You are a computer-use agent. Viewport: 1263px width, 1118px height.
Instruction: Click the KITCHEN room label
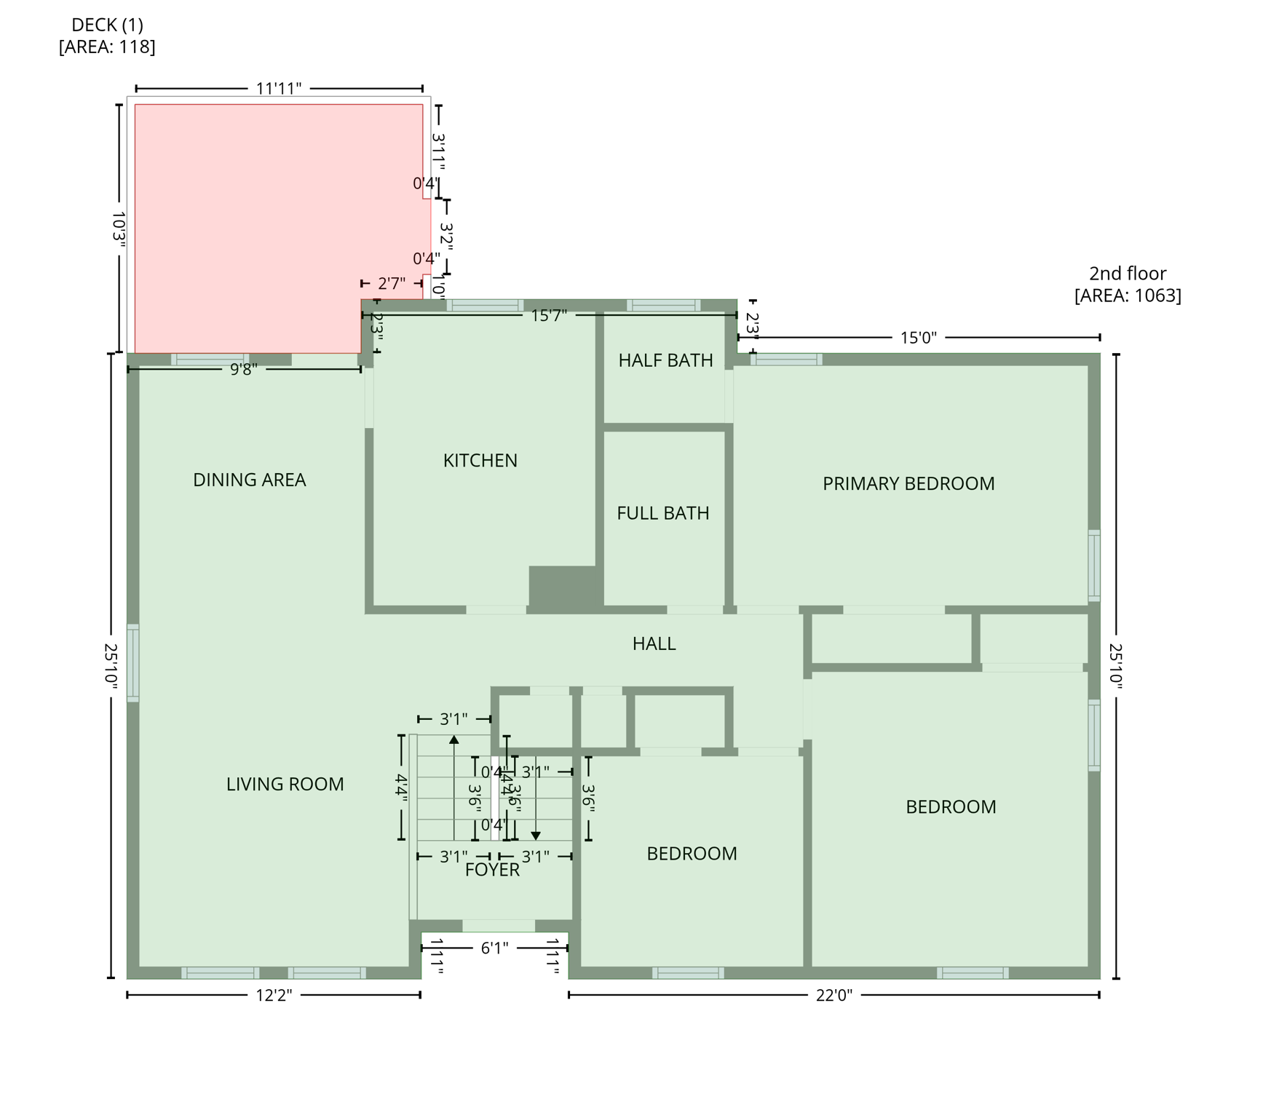click(480, 461)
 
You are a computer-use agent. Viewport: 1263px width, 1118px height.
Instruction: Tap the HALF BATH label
click(665, 360)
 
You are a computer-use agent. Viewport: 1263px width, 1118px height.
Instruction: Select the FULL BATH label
click(662, 513)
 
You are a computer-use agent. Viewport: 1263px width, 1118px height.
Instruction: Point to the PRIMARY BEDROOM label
click(908, 484)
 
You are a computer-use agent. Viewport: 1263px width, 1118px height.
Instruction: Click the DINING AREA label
click(249, 480)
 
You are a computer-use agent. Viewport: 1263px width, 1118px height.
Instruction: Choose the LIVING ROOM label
click(285, 784)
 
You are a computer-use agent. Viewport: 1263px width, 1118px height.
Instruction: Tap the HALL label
click(654, 643)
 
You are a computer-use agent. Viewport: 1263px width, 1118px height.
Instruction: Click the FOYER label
click(492, 870)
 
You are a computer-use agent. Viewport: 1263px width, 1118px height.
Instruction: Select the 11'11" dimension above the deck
click(279, 89)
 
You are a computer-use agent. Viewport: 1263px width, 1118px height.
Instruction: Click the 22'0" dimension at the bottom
click(834, 995)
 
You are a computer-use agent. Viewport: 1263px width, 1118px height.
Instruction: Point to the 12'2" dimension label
click(274, 995)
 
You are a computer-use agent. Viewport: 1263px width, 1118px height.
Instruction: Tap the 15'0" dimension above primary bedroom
click(918, 338)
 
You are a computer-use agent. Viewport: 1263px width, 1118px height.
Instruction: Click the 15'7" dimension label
click(549, 315)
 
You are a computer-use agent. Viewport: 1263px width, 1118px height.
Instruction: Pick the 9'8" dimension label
click(244, 370)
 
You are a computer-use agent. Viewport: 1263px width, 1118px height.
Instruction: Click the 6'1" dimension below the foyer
click(494, 948)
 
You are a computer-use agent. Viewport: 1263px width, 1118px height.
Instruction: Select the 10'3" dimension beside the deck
click(119, 228)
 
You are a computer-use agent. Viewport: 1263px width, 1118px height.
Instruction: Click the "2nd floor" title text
click(1127, 274)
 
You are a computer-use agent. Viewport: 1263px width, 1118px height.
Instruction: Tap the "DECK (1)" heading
click(107, 25)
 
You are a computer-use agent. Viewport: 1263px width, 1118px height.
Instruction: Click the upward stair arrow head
click(454, 740)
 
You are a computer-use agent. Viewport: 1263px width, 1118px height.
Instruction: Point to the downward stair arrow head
click(536, 836)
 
